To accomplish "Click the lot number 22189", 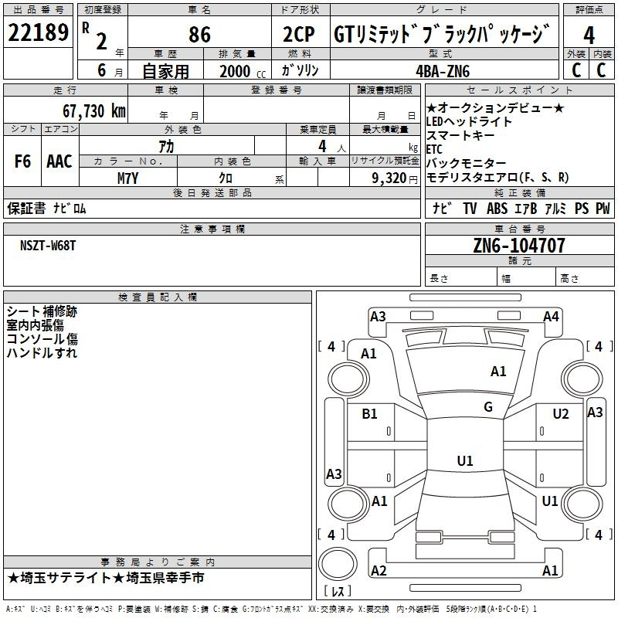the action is pyautogui.click(x=38, y=32).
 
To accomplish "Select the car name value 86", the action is pyautogui.click(x=199, y=34).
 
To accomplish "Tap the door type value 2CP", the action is pyautogui.click(x=298, y=34).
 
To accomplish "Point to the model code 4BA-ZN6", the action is pyautogui.click(x=443, y=71).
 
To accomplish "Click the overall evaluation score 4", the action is pyautogui.click(x=589, y=36).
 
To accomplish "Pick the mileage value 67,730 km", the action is pyautogui.click(x=94, y=111).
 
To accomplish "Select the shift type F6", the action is pyautogui.click(x=22, y=161).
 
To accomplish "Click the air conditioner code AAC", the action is pyautogui.click(x=59, y=161).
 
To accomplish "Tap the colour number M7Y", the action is pyautogui.click(x=127, y=178).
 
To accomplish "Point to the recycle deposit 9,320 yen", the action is pyautogui.click(x=395, y=178).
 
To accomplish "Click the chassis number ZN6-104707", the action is pyautogui.click(x=519, y=245).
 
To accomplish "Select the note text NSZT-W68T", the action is pyautogui.click(x=48, y=246).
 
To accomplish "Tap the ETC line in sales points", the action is pyautogui.click(x=434, y=149).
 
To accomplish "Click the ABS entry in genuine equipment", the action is pyautogui.click(x=497, y=209).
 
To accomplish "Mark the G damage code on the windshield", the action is pyautogui.click(x=488, y=407).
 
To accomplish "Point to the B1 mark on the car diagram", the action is pyautogui.click(x=369, y=414).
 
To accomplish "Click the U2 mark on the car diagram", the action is pyautogui.click(x=561, y=414).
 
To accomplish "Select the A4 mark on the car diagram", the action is pyautogui.click(x=551, y=317).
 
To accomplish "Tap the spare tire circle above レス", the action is pyautogui.click(x=338, y=564).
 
